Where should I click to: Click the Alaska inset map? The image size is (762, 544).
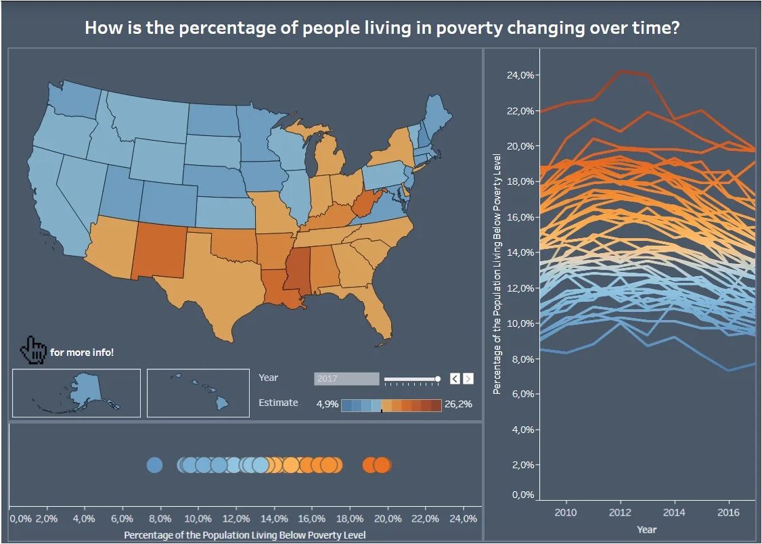point(76,392)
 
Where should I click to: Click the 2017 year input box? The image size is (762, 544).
point(346,379)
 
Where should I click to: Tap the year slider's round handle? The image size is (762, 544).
point(438,379)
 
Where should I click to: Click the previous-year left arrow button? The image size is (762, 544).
point(455,379)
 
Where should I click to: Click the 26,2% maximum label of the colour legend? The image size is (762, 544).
point(458,405)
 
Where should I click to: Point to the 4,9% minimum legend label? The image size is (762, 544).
point(328,405)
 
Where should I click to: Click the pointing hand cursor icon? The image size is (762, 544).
point(32,350)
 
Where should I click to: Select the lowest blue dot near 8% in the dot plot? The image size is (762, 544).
point(154,465)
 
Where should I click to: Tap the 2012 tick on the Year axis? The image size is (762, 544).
point(620,512)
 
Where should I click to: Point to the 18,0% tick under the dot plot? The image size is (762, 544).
point(349,518)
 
